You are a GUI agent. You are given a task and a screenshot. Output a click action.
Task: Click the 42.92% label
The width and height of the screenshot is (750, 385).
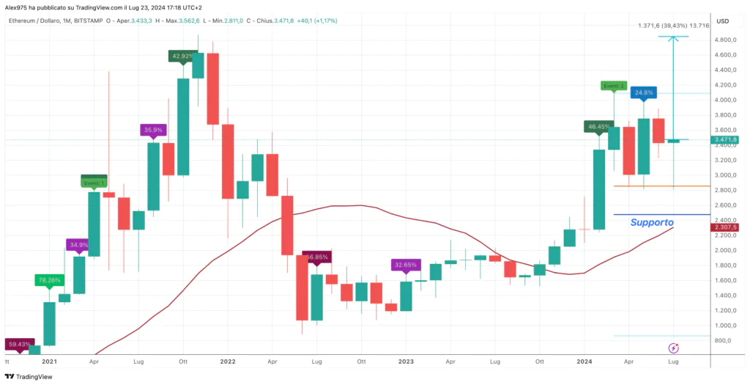pos(182,56)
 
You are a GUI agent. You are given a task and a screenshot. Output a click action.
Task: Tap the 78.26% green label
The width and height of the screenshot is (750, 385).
pos(49,279)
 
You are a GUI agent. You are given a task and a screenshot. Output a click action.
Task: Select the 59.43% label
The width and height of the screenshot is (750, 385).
pos(20,344)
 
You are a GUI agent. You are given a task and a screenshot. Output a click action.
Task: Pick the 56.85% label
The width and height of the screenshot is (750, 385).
pos(317,257)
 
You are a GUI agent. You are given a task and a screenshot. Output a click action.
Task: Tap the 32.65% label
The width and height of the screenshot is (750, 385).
pos(405,265)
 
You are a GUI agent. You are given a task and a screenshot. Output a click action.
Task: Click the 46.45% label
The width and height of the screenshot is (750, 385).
pos(598,127)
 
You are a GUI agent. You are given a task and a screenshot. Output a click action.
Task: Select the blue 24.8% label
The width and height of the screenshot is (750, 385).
pos(645,93)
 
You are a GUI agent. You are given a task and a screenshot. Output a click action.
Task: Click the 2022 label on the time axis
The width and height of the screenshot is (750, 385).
pos(227,362)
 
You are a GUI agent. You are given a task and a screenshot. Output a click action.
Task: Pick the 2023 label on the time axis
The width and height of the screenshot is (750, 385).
pos(406,362)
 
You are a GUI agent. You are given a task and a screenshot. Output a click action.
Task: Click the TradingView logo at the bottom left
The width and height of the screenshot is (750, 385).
pos(29,377)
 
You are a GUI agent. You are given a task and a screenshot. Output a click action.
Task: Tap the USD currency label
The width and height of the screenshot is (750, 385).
pos(722,21)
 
